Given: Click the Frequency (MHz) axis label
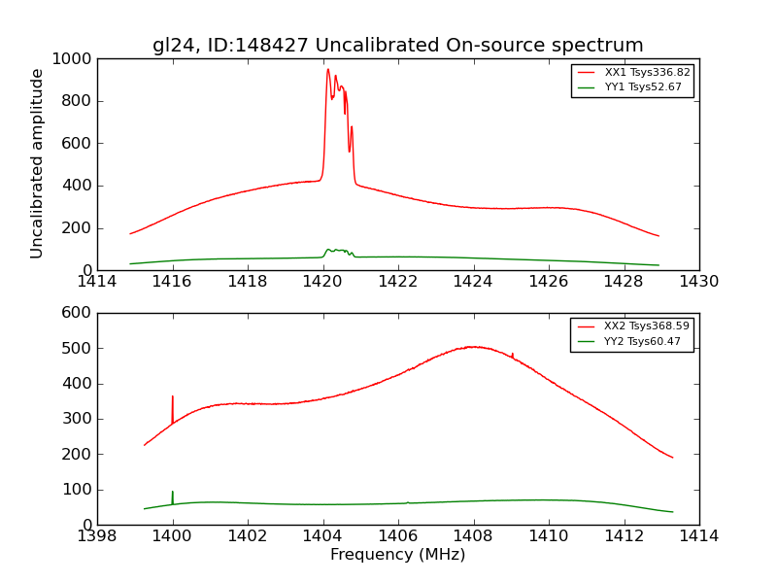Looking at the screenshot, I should [x=397, y=555].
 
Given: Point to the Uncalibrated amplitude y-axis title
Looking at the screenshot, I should [x=38, y=163].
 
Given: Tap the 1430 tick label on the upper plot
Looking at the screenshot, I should [x=698, y=281].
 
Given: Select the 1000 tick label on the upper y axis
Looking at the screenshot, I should [x=73, y=59].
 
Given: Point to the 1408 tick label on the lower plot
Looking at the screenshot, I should [x=473, y=534].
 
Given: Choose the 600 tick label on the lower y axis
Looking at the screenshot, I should [x=77, y=313].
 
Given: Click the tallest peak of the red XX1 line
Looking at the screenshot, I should [x=328, y=70].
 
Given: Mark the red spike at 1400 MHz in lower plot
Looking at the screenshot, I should [x=173, y=397].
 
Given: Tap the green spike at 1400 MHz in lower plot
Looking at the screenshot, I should [x=173, y=493].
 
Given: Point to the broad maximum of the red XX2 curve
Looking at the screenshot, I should [x=473, y=346].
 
